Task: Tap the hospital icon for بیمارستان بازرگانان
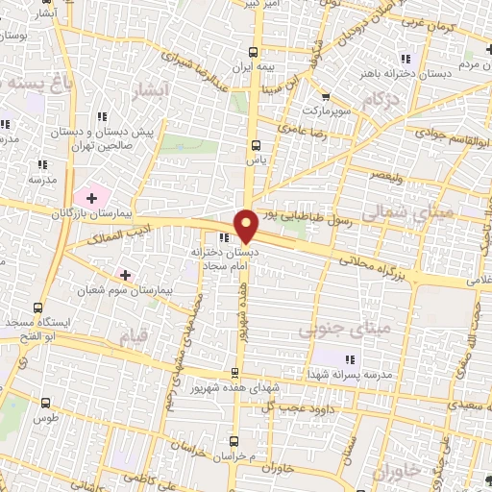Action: coord(91,197)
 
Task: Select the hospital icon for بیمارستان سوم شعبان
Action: coord(124,275)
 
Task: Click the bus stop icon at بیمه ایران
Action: coord(253,53)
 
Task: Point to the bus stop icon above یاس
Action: coord(255,145)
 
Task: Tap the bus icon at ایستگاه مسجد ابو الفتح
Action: coord(37,309)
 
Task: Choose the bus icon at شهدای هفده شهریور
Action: coord(235,373)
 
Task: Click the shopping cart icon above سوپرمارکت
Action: coord(326,95)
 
